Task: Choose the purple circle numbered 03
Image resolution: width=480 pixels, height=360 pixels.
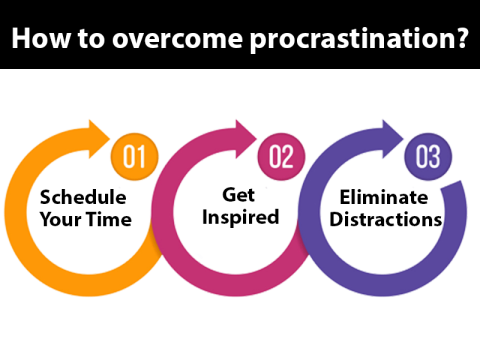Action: [x=426, y=157]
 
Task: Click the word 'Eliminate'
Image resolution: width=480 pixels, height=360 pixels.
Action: [x=383, y=197]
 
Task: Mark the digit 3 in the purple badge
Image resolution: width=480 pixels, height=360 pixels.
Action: [x=434, y=157]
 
